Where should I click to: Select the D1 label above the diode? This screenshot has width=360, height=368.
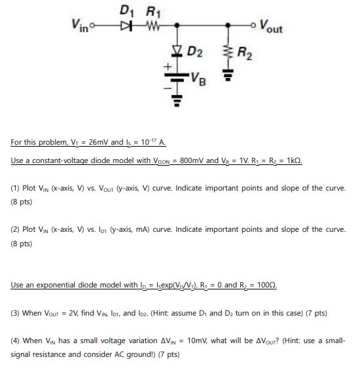pos(128,10)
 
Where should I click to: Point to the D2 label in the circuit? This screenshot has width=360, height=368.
pos(195,50)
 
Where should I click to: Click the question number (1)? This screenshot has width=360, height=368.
pos(16,188)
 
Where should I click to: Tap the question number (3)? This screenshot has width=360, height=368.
pos(16,313)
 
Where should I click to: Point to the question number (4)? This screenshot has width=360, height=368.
pos(16,342)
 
